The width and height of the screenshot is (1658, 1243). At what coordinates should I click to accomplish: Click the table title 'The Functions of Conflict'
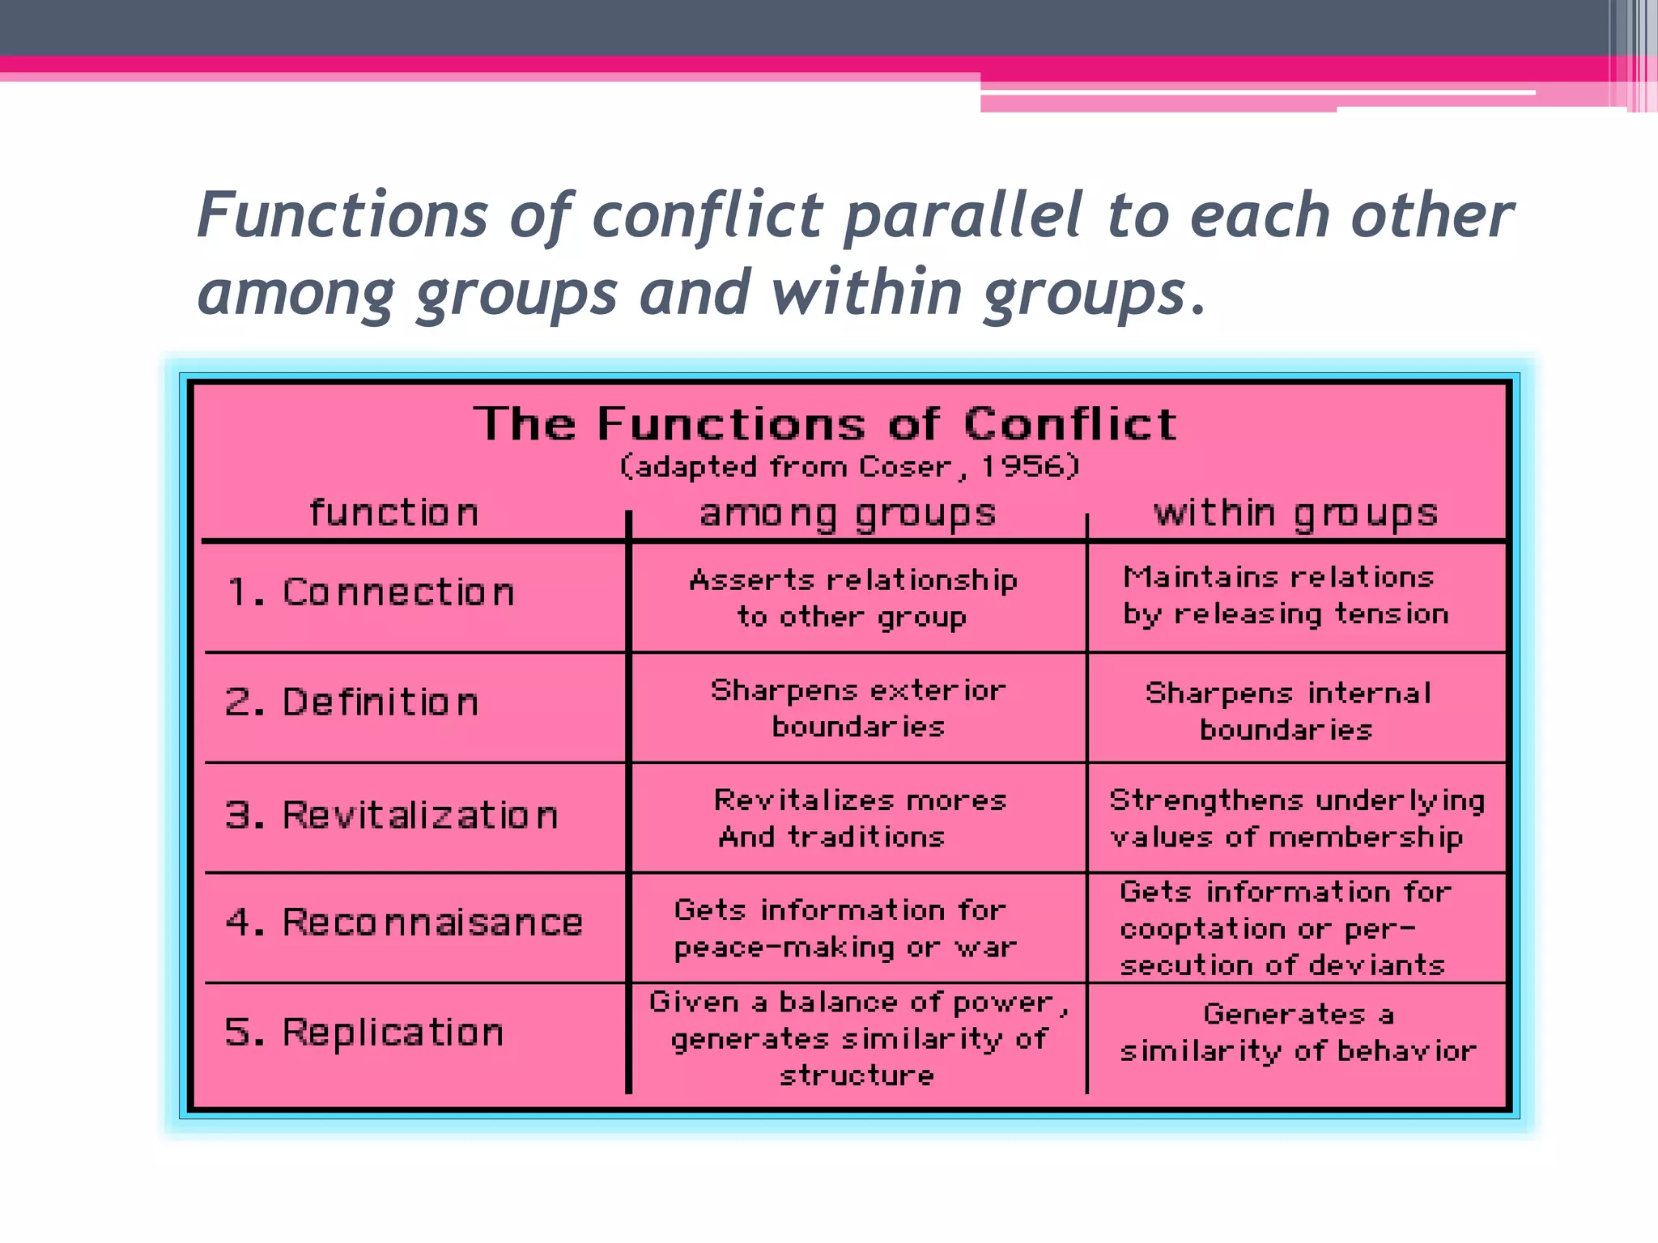825,424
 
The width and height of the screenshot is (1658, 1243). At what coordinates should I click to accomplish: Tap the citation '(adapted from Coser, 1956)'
849,467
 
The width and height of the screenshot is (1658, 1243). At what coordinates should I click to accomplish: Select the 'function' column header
394,513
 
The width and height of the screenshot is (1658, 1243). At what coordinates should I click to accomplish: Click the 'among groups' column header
848,514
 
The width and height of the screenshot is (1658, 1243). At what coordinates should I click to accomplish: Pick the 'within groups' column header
1295,513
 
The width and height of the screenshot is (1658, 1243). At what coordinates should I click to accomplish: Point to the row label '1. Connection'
371,592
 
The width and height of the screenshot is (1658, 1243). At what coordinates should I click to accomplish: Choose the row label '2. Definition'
352,702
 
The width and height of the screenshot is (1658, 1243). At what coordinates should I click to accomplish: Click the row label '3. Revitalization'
392,815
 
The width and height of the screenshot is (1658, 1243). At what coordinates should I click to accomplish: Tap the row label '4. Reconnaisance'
404,923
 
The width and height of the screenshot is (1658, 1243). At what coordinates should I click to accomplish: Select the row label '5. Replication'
364,1033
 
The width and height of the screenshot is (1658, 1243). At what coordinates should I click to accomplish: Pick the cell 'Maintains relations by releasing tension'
1286,596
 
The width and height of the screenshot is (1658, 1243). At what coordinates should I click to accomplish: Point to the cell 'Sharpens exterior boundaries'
858,708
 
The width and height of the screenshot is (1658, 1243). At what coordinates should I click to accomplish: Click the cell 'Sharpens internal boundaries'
1287,711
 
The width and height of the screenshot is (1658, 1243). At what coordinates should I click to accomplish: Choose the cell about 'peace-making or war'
844,928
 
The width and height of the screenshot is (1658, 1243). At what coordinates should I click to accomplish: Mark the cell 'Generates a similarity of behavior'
1298,1033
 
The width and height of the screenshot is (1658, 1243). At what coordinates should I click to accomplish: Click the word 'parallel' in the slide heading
963,217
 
